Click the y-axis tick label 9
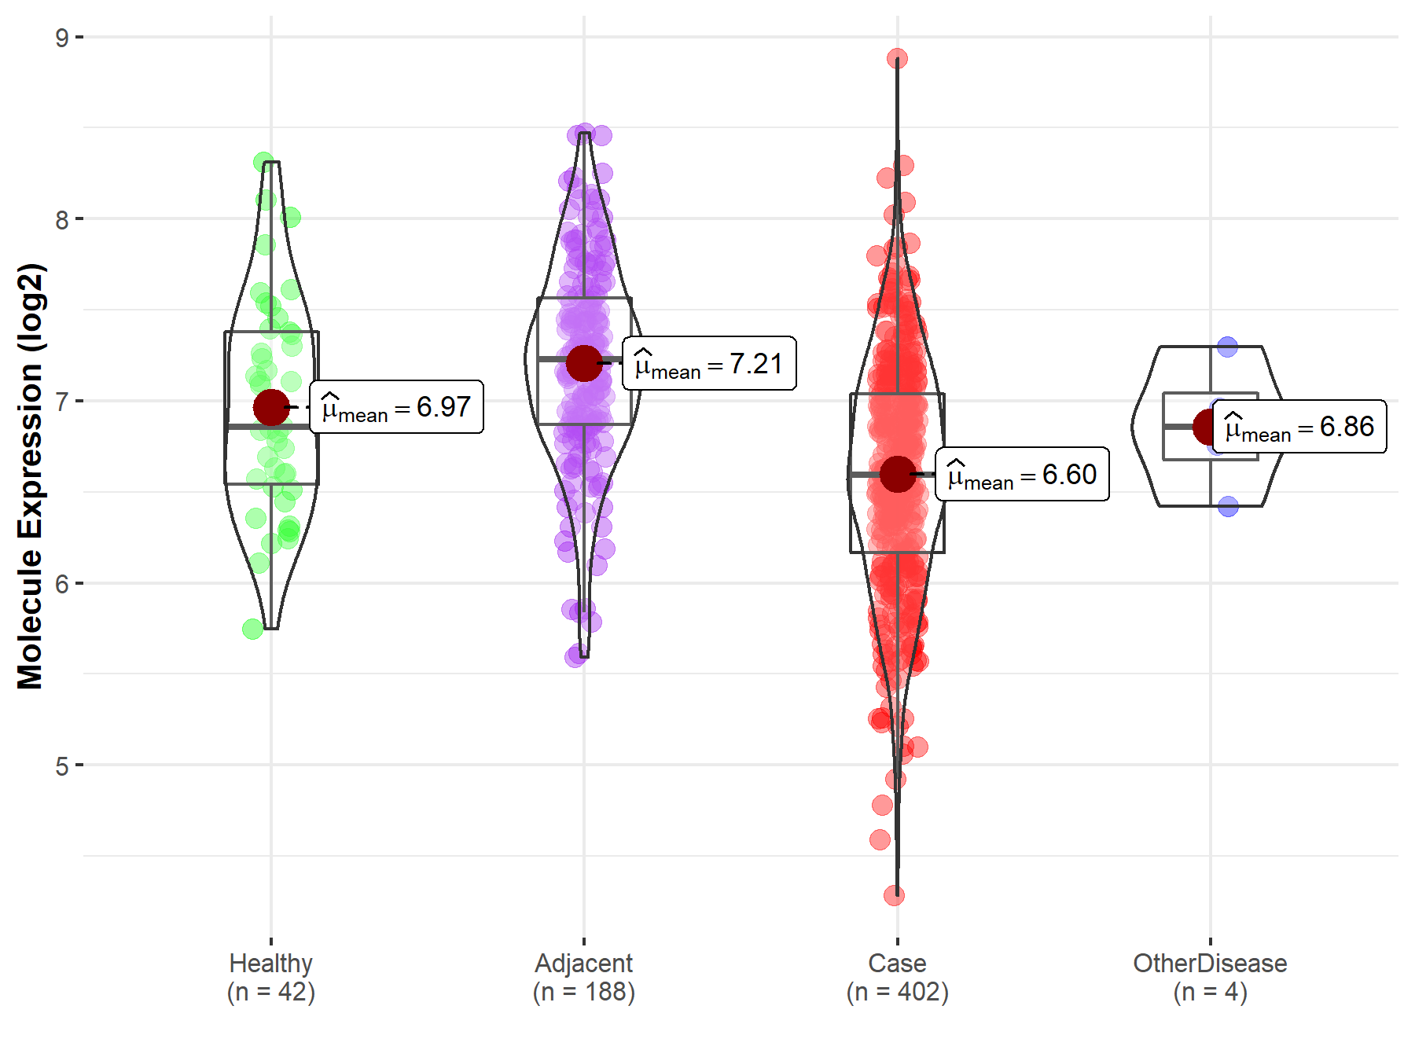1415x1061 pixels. [62, 38]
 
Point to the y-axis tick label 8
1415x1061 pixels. [62, 219]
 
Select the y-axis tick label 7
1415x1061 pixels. [62, 402]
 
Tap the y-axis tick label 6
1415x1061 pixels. [62, 584]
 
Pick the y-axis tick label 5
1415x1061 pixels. [62, 766]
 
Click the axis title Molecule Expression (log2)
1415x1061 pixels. [30, 476]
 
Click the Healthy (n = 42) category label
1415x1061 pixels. [271, 978]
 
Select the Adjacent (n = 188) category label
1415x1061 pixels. [584, 978]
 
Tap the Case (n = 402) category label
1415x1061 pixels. [897, 978]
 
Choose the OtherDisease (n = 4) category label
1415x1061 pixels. [1210, 978]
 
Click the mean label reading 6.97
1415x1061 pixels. [396, 407]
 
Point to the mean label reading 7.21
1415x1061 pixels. [709, 364]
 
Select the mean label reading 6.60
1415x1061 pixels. [1022, 475]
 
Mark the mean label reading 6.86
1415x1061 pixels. [1299, 427]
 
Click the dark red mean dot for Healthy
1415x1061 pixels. [271, 407]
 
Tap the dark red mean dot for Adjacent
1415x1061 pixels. [584, 363]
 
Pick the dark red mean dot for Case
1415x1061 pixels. [897, 474]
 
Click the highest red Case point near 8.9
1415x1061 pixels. [897, 59]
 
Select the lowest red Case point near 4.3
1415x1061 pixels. [894, 895]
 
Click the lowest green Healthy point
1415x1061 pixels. [253, 629]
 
